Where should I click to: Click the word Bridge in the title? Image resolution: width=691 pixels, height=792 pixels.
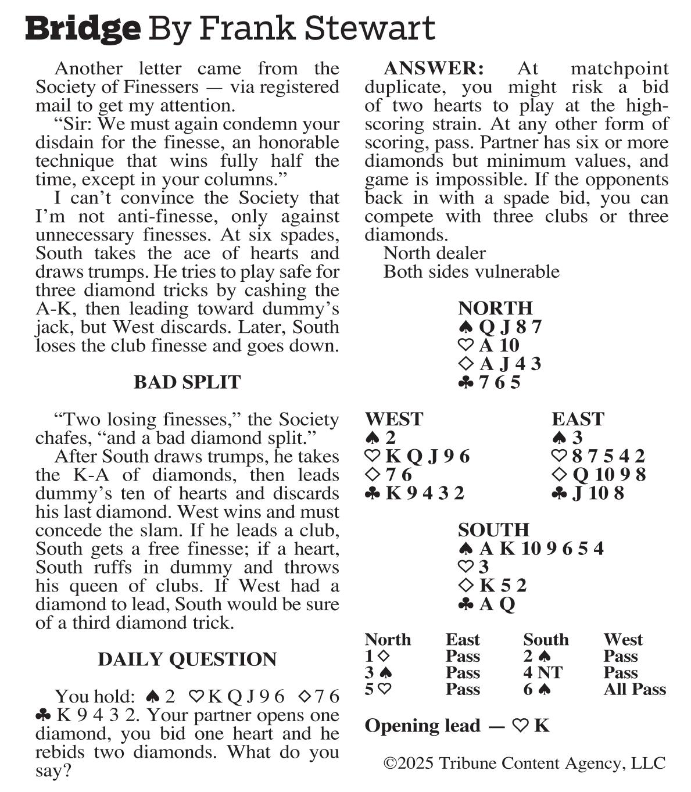tap(83, 28)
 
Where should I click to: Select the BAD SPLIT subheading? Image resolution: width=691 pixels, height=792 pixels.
tap(187, 382)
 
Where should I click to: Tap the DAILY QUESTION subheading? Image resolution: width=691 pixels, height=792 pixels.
tap(187, 659)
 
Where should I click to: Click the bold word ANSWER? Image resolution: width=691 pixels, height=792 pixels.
tap(433, 69)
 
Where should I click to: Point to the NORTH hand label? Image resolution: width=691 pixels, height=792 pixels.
tap(495, 307)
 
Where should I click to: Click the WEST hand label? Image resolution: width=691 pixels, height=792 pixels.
tap(394, 418)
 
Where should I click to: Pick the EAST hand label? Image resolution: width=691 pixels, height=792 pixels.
tap(578, 418)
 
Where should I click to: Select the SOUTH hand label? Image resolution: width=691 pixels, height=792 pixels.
tap(493, 529)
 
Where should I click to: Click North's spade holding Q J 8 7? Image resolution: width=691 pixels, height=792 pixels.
tap(500, 327)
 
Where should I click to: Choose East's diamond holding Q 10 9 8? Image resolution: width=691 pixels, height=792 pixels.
tap(599, 474)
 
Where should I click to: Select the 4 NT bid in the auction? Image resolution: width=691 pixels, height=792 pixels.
tap(542, 672)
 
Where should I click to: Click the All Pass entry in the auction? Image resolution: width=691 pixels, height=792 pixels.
tap(634, 689)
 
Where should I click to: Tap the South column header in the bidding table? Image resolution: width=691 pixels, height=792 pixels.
tap(546, 639)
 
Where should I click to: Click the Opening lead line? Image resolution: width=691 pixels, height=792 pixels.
tap(457, 725)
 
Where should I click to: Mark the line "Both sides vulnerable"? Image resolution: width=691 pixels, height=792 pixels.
tap(471, 271)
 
